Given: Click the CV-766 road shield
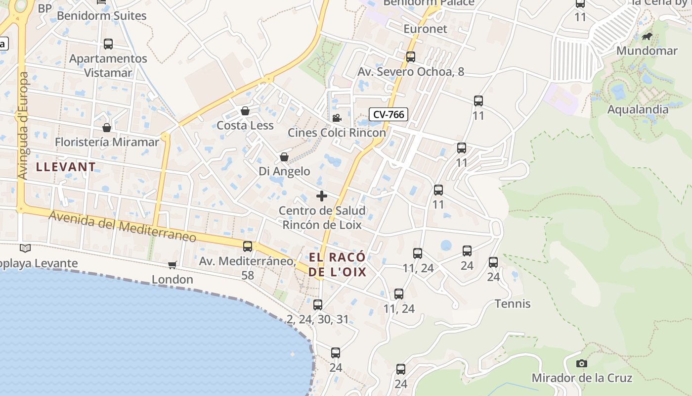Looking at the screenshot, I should [x=389, y=114].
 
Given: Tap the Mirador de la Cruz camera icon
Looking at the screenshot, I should [x=582, y=364].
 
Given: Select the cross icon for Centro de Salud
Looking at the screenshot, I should [x=322, y=196].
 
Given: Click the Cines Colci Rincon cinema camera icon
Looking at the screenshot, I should [x=337, y=118].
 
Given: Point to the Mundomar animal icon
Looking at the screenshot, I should [x=647, y=36].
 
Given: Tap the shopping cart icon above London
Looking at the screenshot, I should [x=172, y=265].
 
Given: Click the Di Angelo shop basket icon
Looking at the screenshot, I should [x=284, y=157].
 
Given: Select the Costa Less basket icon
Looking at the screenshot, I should [x=245, y=111].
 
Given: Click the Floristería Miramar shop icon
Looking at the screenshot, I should [x=107, y=128].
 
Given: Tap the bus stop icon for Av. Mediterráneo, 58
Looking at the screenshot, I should [x=248, y=246].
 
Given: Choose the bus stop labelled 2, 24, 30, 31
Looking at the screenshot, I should [x=318, y=304].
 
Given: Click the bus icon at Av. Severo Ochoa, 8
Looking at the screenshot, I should [x=411, y=57].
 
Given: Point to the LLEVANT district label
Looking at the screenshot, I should [x=66, y=167].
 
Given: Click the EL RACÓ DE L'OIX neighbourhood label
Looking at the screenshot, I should [x=338, y=264].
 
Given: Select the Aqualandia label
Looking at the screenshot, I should [x=638, y=109].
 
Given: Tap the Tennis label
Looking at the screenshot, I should [x=513, y=303].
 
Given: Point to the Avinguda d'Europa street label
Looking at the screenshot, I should [x=23, y=126].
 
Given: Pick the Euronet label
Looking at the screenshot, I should [x=425, y=29].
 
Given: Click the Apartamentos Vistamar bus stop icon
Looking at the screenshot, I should [x=108, y=44].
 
